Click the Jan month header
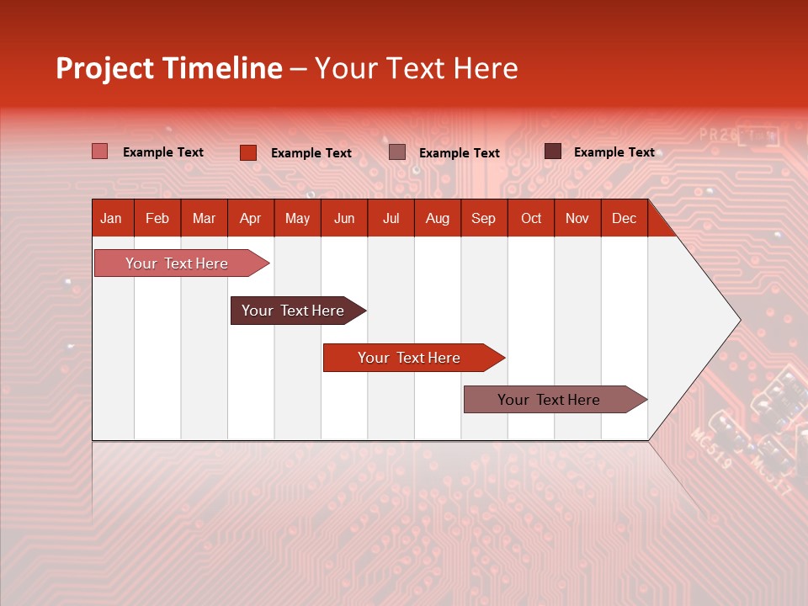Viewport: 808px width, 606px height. point(111,218)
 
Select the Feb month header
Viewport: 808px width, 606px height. point(157,218)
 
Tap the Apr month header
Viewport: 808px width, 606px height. point(250,218)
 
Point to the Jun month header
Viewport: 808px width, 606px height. point(344,218)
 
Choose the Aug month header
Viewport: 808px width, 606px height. point(437,218)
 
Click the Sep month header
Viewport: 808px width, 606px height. point(483,218)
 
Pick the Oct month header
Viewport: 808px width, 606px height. point(531,218)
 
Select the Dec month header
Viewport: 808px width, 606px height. point(624,218)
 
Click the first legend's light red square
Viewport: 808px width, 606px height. point(100,151)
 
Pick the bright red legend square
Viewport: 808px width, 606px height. point(248,152)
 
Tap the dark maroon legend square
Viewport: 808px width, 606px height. point(553,151)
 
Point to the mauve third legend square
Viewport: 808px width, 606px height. point(397,152)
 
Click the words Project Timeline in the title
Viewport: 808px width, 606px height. point(169,68)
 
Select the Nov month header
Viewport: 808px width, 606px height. point(577,218)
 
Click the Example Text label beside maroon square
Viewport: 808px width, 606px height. point(614,152)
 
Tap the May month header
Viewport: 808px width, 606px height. point(297,218)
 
